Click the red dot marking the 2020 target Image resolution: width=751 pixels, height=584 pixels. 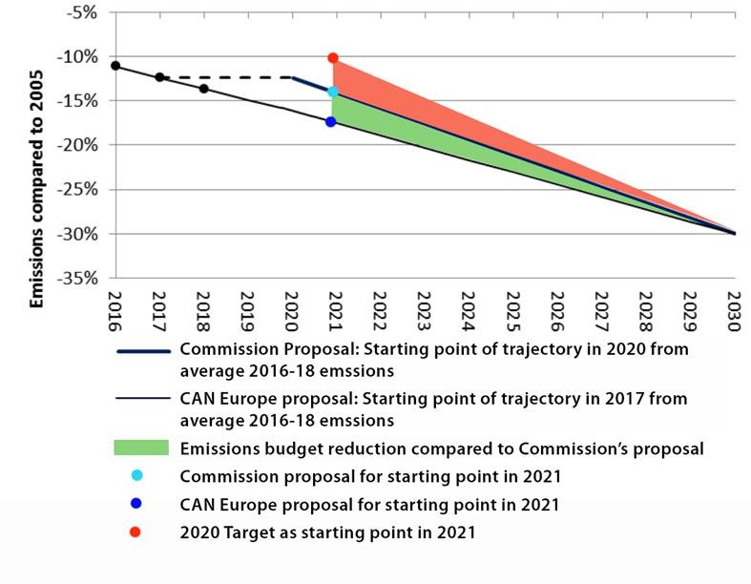333,58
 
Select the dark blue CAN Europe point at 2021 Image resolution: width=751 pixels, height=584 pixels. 331,121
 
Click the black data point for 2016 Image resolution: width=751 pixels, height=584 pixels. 115,66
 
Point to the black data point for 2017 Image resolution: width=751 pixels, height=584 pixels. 159,77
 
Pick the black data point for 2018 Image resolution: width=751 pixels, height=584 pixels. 204,89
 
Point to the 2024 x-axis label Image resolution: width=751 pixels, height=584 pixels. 467,312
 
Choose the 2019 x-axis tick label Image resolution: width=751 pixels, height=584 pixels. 247,312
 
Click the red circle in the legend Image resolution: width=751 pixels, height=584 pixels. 136,532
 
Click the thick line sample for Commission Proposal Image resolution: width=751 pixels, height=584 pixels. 142,350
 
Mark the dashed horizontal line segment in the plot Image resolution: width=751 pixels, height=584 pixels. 225,77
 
